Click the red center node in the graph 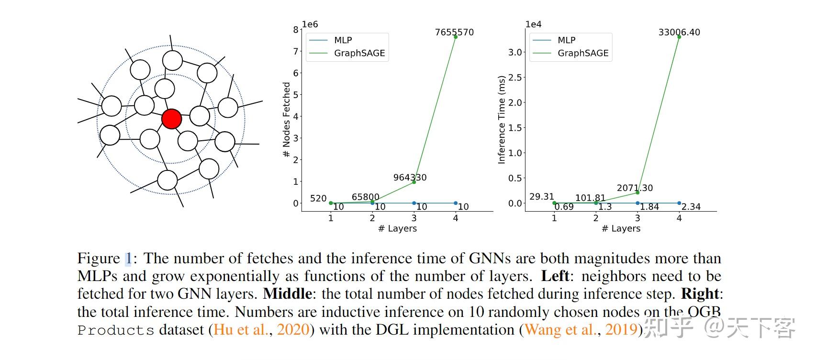(171, 119)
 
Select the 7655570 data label (454, 32)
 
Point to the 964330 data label (410, 177)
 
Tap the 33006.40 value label (679, 32)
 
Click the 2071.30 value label (635, 188)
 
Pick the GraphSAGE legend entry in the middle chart (359, 53)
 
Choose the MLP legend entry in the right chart (566, 40)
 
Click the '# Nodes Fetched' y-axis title (287, 120)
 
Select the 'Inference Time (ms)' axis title (502, 120)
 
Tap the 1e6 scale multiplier (310, 24)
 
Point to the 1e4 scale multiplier (533, 24)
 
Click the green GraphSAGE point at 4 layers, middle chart (455, 37)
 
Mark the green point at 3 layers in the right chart (637, 192)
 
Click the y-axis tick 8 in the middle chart (296, 29)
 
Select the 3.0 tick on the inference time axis (515, 52)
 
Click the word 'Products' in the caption (116, 330)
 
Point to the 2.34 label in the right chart (691, 207)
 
